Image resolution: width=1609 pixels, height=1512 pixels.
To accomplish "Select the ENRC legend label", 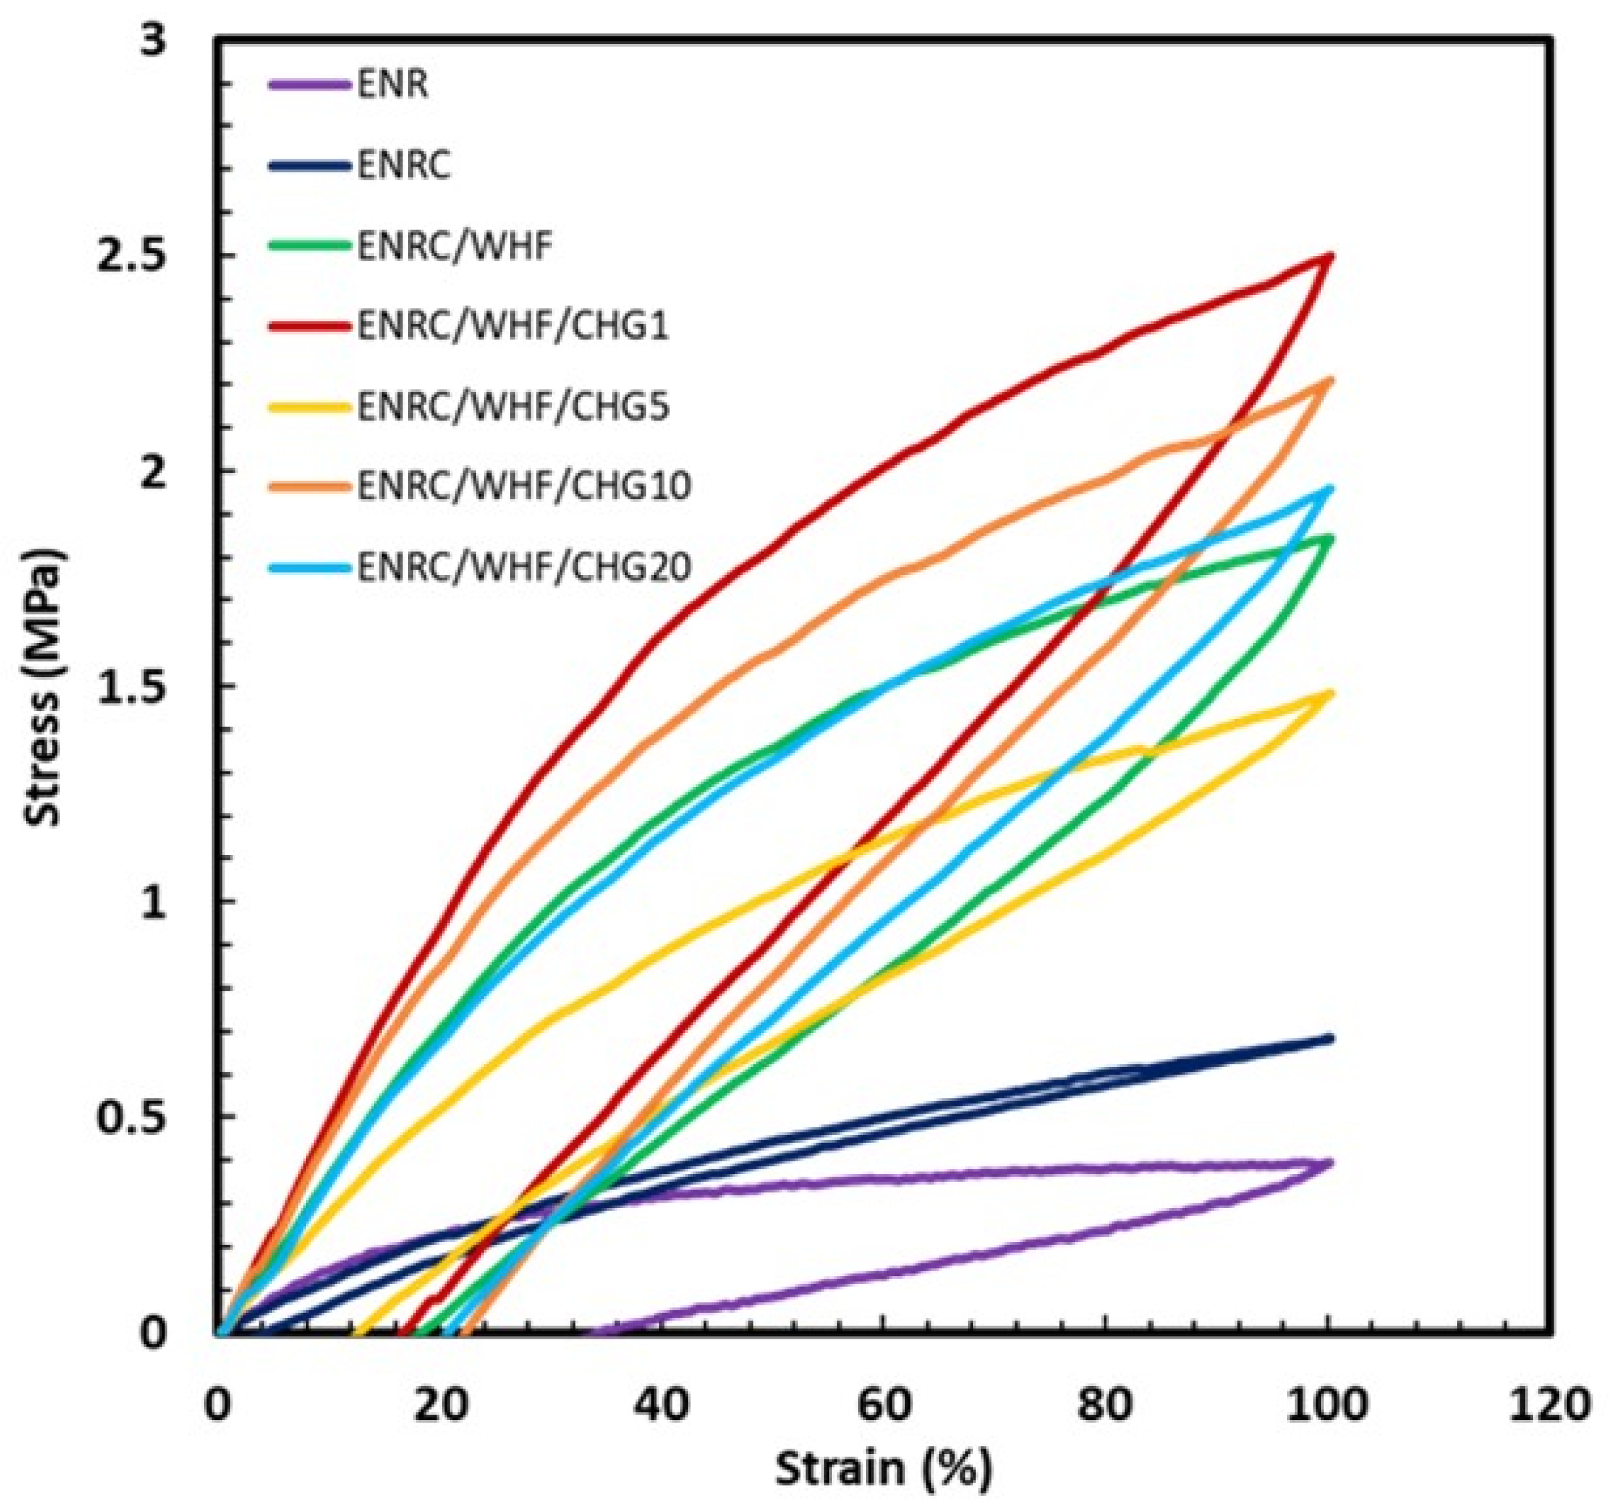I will click(403, 165).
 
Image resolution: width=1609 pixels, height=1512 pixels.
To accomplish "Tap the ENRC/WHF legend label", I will click(455, 245).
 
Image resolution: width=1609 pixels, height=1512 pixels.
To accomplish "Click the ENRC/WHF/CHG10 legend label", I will click(524, 486).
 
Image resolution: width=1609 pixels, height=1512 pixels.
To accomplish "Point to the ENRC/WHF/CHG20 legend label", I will click(524, 566).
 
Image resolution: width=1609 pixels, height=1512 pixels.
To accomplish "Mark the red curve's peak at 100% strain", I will click(1329, 257).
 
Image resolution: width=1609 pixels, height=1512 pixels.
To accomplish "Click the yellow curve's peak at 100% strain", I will click(1329, 692).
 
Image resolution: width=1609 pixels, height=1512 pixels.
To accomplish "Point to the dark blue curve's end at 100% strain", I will click(1329, 1038).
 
